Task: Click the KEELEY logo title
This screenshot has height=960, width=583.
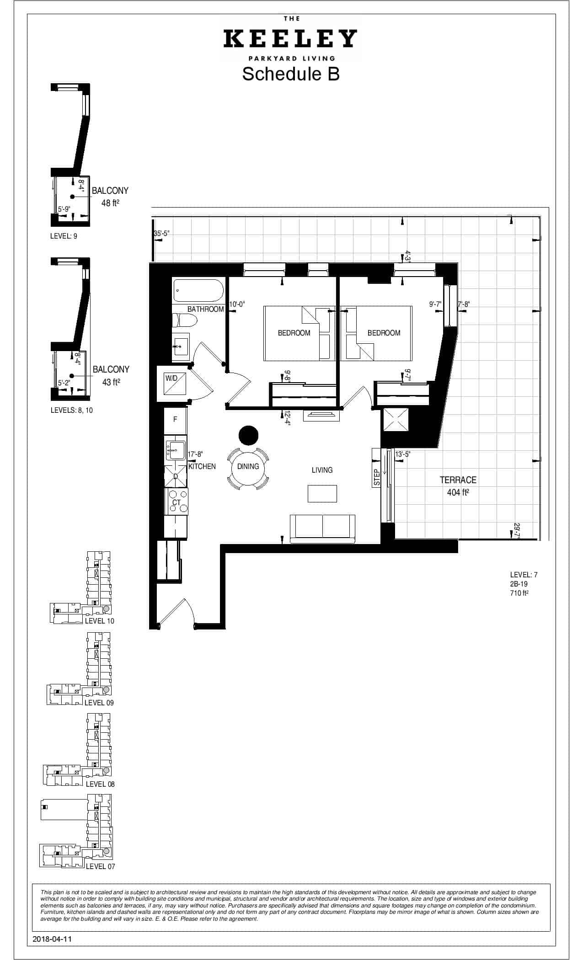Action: pos(290,38)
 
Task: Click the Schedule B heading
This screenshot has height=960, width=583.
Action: pos(291,74)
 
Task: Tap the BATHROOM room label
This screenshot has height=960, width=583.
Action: pos(205,309)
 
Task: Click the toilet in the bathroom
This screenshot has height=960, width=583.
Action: pos(184,322)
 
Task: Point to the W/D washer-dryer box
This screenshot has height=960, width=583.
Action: pos(172,384)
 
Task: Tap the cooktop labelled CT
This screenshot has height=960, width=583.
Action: pos(177,501)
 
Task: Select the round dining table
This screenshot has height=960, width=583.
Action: pos(248,467)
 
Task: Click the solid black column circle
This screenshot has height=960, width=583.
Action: pos(249,435)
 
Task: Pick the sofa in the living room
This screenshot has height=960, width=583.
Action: pos(323,528)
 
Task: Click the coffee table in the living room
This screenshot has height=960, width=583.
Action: pos(322,494)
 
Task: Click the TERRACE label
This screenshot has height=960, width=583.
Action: pos(458,480)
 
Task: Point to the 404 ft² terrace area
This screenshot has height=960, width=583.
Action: pos(458,492)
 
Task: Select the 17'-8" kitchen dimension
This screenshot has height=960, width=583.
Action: pos(195,454)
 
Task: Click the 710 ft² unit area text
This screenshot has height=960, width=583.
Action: pos(519,593)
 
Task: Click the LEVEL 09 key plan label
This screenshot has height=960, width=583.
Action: pos(99,703)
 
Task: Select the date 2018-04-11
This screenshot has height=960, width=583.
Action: pos(53,939)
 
